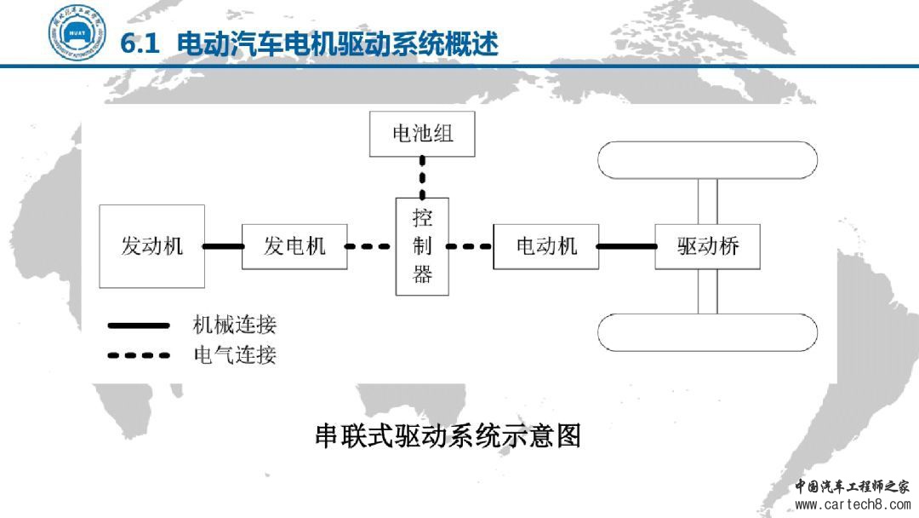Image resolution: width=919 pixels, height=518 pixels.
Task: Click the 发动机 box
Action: tap(152, 246)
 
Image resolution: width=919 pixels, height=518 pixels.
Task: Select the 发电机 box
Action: tap(294, 246)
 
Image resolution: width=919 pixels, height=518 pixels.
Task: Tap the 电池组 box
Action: tap(422, 134)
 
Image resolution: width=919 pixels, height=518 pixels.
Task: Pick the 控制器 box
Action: tap(422, 246)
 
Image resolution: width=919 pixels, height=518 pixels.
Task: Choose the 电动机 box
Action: tap(546, 246)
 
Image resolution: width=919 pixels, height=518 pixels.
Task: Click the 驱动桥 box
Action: tap(707, 246)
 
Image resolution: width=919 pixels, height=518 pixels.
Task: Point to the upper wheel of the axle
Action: tap(707, 159)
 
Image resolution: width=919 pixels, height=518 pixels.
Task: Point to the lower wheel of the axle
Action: tap(707, 332)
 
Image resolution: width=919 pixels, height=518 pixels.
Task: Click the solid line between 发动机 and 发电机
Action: tap(224, 247)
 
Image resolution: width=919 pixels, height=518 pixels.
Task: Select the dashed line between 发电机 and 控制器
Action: tap(371, 247)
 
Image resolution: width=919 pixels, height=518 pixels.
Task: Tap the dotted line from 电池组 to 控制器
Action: tap(422, 177)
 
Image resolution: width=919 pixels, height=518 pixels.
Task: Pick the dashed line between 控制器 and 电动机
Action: tap(471, 247)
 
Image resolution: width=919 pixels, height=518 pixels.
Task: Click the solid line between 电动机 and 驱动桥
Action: tap(626, 246)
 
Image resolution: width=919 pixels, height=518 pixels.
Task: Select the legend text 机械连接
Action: tap(235, 325)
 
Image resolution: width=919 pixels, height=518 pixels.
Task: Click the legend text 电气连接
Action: tap(235, 354)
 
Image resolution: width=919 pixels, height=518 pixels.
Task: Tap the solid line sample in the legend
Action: tap(139, 325)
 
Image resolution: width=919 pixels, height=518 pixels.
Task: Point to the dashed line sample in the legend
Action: tap(139, 355)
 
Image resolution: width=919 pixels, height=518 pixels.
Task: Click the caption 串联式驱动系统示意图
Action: tap(448, 436)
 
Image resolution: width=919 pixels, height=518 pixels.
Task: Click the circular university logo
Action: tap(77, 32)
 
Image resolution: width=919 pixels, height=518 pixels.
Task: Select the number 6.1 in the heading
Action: tap(140, 43)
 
